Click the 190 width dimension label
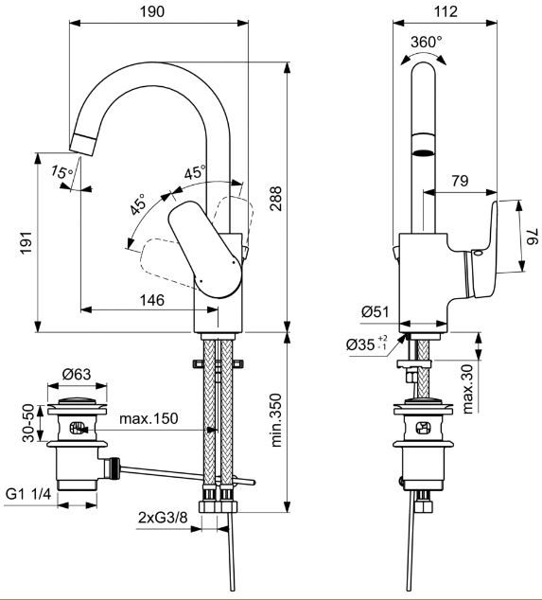pyautogui.click(x=152, y=11)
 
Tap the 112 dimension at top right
pyautogui.click(x=446, y=11)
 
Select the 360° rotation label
pyautogui.click(x=426, y=42)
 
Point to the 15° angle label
pyautogui.click(x=62, y=172)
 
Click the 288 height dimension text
pyautogui.click(x=275, y=198)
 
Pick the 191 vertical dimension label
pyautogui.click(x=26, y=242)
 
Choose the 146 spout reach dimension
pyautogui.click(x=152, y=300)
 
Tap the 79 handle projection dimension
pyautogui.click(x=460, y=181)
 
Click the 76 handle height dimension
pyautogui.click(x=533, y=236)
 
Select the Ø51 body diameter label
pyautogui.click(x=375, y=312)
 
